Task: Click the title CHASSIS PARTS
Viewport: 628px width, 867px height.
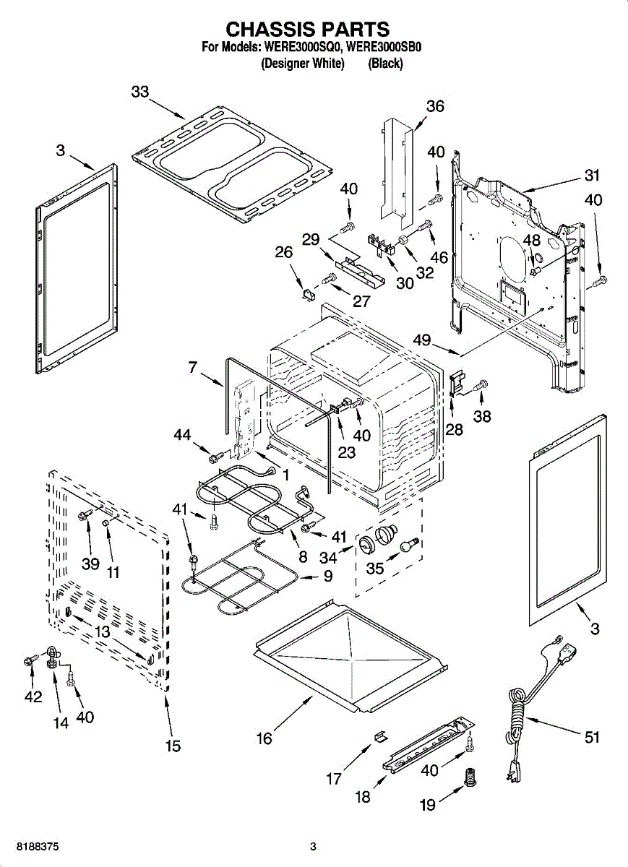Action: [x=309, y=29]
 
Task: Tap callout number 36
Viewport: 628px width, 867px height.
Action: [x=434, y=106]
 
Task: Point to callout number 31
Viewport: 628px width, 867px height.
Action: [x=593, y=175]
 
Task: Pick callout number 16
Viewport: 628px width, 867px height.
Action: [x=264, y=738]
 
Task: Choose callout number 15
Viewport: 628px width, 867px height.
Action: [x=173, y=746]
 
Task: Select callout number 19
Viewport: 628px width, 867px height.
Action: [x=428, y=804]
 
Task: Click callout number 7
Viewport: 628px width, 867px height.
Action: [x=192, y=368]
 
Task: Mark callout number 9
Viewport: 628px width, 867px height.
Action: [x=327, y=577]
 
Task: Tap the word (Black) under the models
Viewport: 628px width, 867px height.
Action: [x=385, y=64]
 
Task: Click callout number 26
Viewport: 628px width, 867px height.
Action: [x=284, y=252]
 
